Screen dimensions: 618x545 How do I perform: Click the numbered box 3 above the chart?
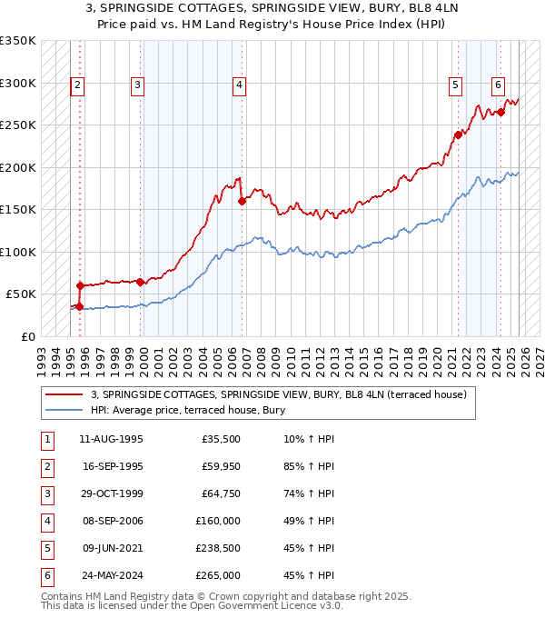click(137, 86)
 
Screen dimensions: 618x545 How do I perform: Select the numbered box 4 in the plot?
click(239, 86)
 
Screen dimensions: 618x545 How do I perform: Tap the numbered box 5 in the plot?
click(454, 86)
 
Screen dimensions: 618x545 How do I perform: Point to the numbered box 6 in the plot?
click(499, 86)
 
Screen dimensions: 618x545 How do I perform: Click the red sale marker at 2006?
click(242, 202)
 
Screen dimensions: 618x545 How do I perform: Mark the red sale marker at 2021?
click(458, 135)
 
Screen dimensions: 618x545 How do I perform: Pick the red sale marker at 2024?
click(501, 113)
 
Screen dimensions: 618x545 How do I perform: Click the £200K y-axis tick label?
click(18, 167)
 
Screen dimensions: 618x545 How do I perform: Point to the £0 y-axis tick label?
click(29, 336)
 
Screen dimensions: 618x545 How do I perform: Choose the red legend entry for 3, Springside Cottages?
click(278, 394)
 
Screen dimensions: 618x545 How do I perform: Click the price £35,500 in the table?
click(221, 440)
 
